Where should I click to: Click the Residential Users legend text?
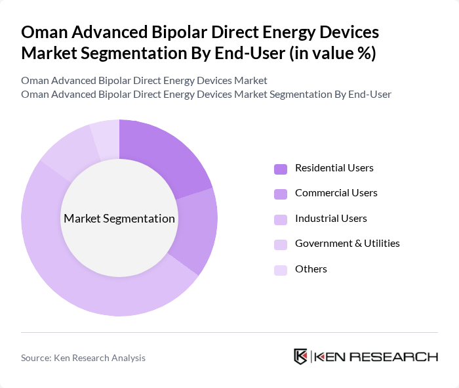(334, 168)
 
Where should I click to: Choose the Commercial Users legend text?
(336, 193)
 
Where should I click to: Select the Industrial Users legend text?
(330, 219)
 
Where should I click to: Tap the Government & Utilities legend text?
(347, 244)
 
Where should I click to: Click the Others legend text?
(311, 269)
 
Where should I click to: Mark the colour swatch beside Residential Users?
(281, 169)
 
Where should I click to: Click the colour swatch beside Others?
(281, 269)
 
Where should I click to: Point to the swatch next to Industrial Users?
(281, 219)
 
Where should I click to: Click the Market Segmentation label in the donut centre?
(119, 219)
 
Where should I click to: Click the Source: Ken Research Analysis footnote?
(83, 358)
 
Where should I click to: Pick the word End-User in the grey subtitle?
(369, 95)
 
